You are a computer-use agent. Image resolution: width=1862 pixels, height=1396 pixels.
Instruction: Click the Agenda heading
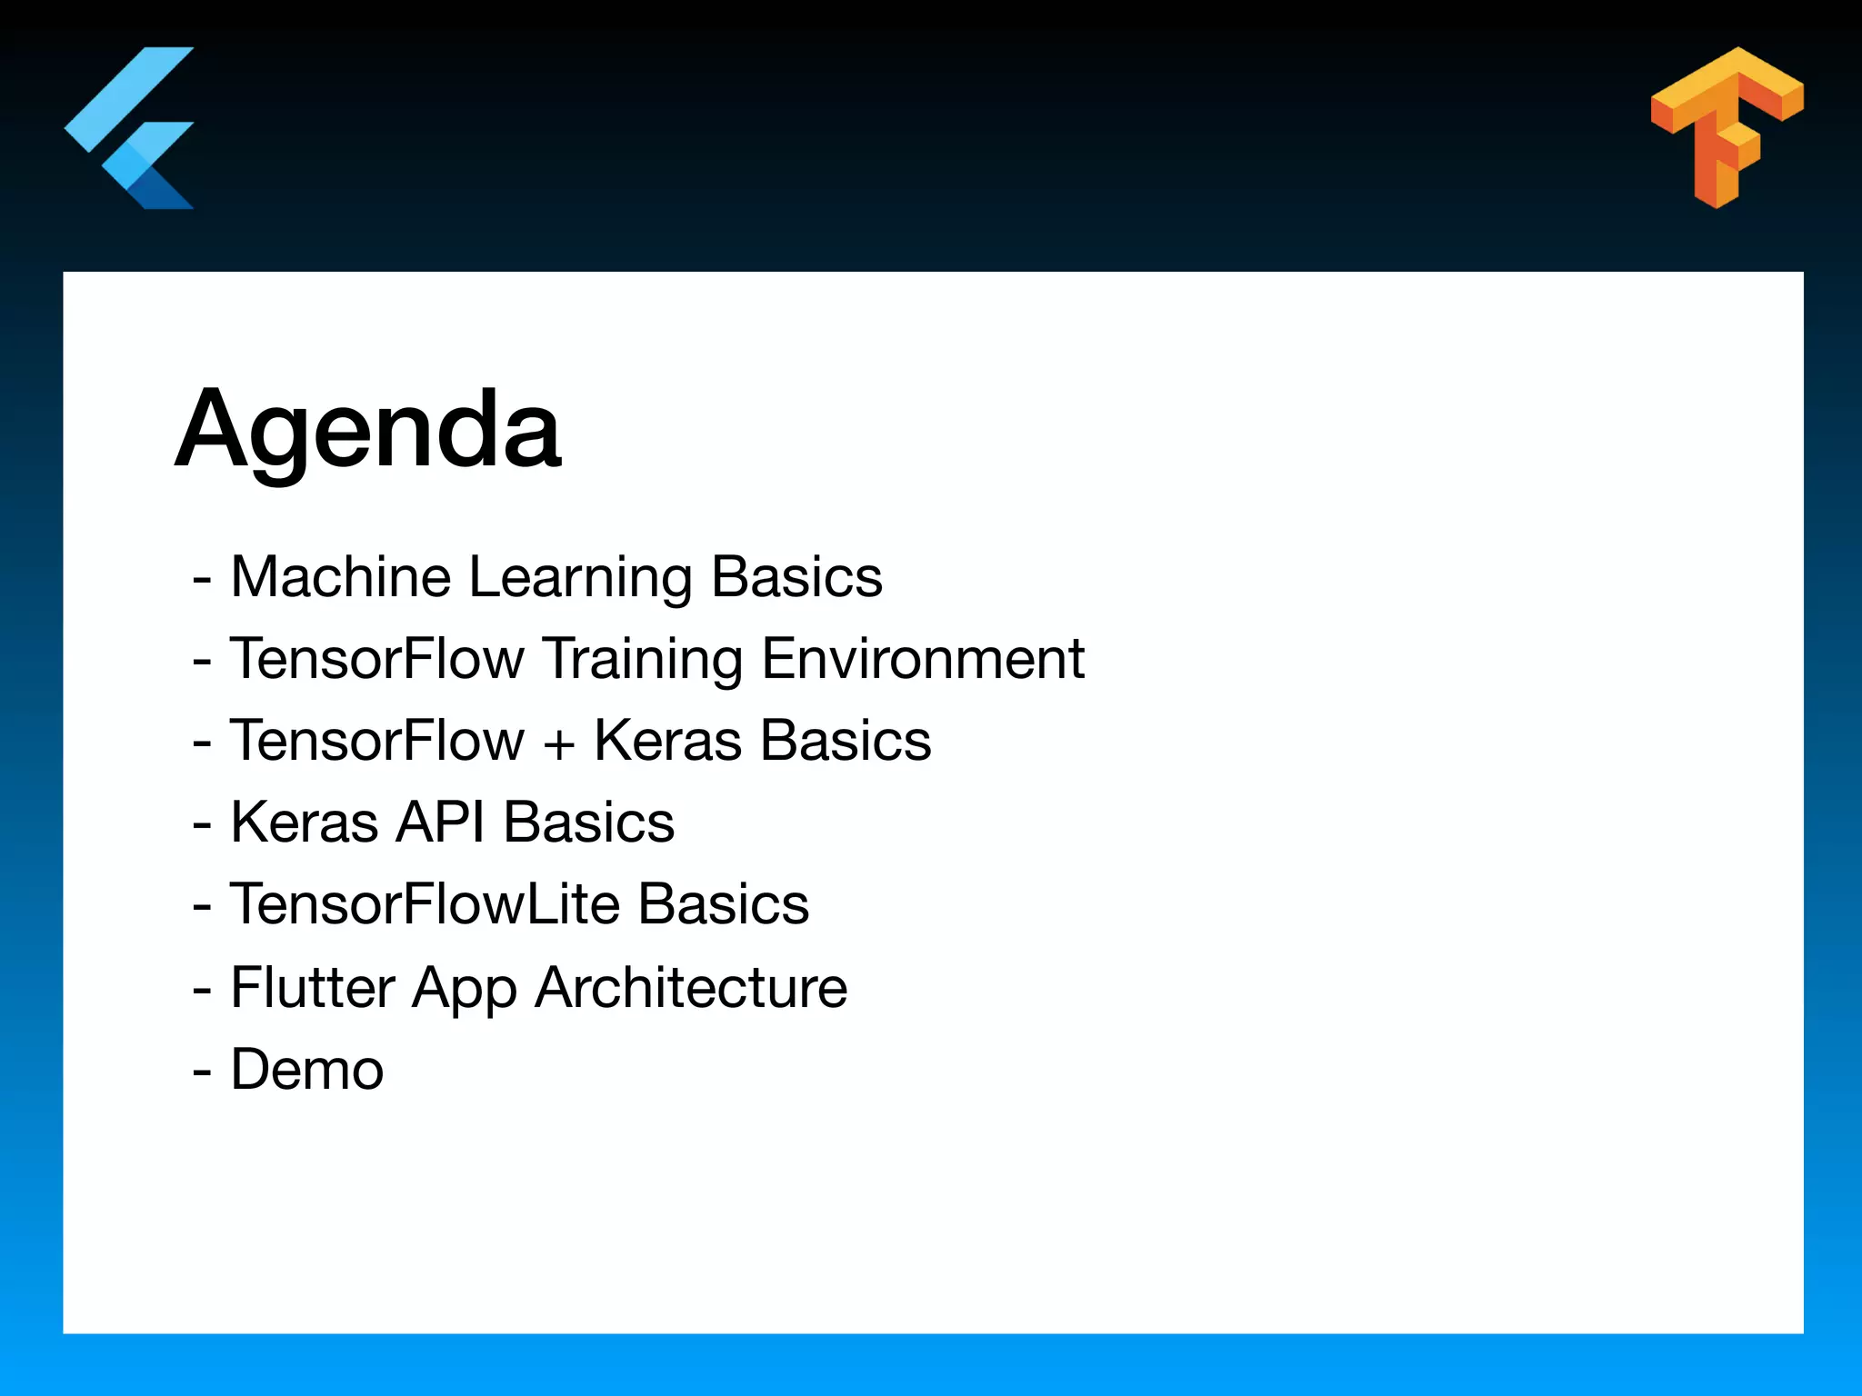[367, 429]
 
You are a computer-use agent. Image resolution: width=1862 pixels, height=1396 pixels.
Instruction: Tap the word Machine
[340, 577]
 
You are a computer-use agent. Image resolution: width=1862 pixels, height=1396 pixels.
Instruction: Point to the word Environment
[922, 659]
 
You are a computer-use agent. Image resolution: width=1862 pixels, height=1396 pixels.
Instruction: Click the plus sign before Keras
[559, 743]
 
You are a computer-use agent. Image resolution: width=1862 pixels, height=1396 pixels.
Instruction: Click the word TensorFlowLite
[424, 904]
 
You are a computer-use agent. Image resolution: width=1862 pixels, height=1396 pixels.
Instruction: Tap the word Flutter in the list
[312, 987]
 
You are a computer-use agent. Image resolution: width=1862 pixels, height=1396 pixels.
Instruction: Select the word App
[464, 989]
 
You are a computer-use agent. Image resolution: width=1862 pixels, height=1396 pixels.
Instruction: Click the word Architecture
[691, 987]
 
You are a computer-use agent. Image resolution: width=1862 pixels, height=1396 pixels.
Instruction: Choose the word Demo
[307, 1069]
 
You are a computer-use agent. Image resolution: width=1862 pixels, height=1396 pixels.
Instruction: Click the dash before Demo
[202, 1071]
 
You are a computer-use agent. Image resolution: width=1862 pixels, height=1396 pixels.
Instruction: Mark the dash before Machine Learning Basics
[202, 579]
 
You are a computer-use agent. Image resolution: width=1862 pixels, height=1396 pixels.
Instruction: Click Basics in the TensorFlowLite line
[723, 904]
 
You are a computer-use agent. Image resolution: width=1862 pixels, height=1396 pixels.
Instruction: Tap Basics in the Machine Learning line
[796, 577]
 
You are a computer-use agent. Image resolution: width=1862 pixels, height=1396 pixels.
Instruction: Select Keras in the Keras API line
[305, 823]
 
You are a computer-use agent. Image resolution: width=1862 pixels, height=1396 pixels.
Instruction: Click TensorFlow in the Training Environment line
[377, 659]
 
